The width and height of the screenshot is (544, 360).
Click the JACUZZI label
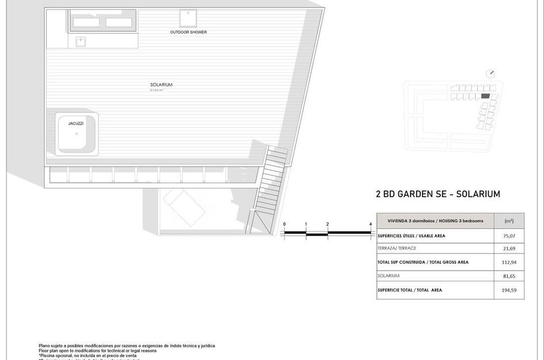(x=75, y=123)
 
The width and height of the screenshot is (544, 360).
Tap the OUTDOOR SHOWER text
(x=188, y=32)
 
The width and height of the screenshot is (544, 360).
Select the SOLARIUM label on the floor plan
(x=161, y=85)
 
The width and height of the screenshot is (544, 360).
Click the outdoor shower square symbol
(x=188, y=17)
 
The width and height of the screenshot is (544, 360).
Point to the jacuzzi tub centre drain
(x=77, y=134)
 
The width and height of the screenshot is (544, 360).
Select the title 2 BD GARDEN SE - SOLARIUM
(x=438, y=194)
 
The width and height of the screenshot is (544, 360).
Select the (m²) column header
(x=508, y=221)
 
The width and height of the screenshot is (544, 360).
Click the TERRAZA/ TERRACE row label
(x=397, y=248)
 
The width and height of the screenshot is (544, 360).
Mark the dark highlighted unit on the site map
(x=485, y=96)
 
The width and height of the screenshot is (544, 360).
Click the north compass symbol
(x=490, y=73)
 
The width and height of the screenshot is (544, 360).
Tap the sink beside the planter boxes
(x=80, y=41)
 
